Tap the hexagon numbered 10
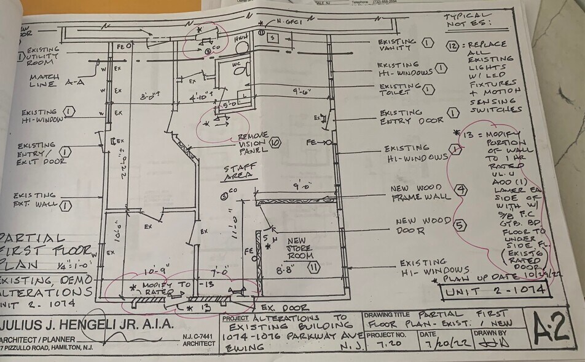pyautogui.click(x=275, y=142)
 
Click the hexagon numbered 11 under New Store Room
pyautogui.click(x=313, y=267)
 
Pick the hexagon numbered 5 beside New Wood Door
pyautogui.click(x=459, y=225)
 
